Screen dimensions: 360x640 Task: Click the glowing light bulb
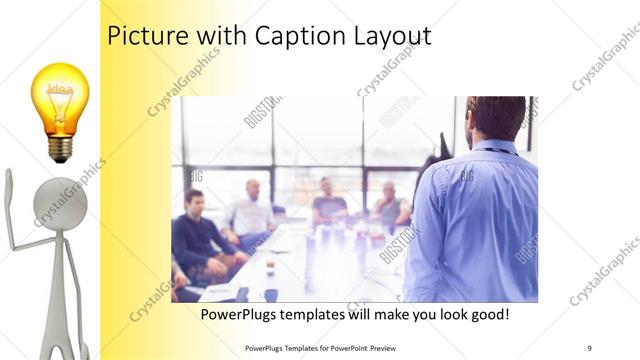[60, 100]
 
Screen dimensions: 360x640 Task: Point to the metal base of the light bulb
[60, 149]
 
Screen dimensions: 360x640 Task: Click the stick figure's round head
[60, 201]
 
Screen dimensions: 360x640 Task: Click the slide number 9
[589, 347]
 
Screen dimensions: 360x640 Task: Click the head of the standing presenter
[496, 117]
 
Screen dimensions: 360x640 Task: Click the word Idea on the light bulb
[60, 88]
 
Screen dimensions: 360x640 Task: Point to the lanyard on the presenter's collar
[495, 151]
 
